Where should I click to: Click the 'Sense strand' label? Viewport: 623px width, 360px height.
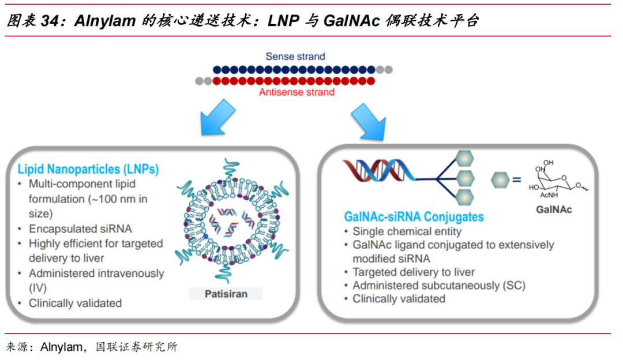pyautogui.click(x=295, y=57)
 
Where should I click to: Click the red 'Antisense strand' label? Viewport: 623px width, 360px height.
pyautogui.click(x=296, y=92)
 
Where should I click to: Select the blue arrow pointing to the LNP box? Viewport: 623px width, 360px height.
pyautogui.click(x=217, y=119)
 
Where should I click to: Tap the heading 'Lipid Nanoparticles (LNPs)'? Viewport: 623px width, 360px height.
pyautogui.click(x=88, y=170)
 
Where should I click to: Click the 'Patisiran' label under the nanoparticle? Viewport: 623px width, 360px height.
pyautogui.click(x=226, y=294)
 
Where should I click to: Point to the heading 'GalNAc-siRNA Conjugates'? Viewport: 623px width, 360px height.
pyautogui.click(x=414, y=217)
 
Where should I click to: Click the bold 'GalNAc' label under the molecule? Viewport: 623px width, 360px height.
pyautogui.click(x=554, y=209)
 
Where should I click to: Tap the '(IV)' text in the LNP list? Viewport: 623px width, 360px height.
pyautogui.click(x=37, y=287)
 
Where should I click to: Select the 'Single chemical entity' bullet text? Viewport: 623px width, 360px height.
pyautogui.click(x=407, y=231)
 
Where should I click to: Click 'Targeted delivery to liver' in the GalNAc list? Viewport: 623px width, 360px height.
pyautogui.click(x=414, y=272)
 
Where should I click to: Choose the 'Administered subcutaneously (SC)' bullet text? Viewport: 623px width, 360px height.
pyautogui.click(x=439, y=285)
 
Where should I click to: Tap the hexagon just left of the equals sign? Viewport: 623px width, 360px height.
pyautogui.click(x=500, y=179)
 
